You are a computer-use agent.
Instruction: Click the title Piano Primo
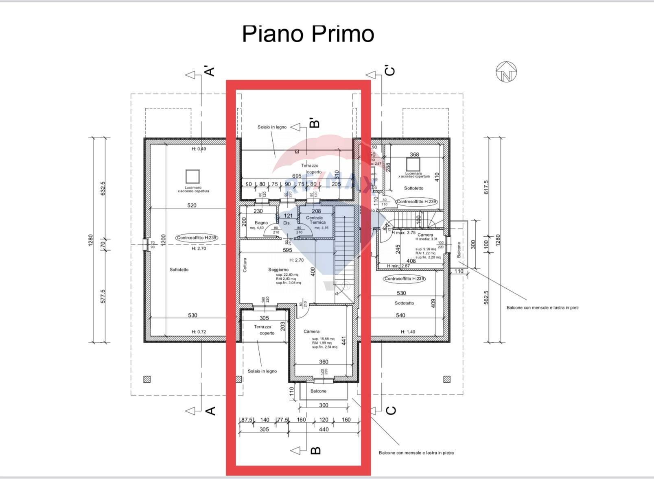point(308,34)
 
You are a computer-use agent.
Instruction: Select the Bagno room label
point(261,223)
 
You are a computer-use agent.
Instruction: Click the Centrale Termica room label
point(315,220)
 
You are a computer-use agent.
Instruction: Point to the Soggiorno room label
point(278,270)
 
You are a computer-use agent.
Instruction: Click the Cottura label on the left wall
point(245,265)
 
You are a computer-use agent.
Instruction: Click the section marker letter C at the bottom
point(390,410)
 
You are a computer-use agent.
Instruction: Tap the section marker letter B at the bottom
point(316,451)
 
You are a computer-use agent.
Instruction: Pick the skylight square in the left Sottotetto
point(192,176)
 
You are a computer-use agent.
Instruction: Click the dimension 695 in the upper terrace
point(297,176)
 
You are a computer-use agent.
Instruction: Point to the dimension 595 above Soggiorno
point(287,250)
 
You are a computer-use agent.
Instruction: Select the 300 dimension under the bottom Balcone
point(324,405)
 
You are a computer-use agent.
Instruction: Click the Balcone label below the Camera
point(318,391)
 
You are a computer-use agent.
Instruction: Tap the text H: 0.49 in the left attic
point(199,149)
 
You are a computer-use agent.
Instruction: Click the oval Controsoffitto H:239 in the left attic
point(197,238)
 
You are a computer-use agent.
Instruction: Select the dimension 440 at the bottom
point(324,429)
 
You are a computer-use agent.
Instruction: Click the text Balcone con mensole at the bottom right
point(416,453)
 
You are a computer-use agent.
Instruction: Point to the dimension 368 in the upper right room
point(414,155)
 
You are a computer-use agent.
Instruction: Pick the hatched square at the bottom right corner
point(446,379)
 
